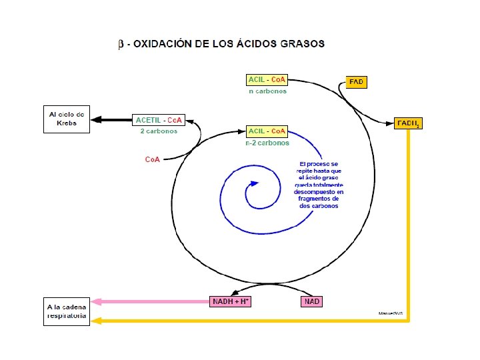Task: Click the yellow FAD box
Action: point(357,82)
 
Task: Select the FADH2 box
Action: point(408,123)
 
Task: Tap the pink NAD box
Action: point(311,302)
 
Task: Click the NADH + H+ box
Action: point(231,302)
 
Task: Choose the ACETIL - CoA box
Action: point(159,120)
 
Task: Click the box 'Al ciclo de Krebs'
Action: point(67,119)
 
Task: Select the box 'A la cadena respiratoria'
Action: point(67,311)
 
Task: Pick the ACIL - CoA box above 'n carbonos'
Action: point(267,80)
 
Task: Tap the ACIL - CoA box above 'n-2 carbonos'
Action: point(267,131)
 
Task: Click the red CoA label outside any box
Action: point(153,160)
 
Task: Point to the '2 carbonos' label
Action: point(159,131)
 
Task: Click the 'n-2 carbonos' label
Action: point(267,142)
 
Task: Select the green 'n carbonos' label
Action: point(267,91)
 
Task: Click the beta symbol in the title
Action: point(121,45)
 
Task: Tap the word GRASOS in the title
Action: point(303,44)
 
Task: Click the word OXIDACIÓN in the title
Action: point(164,44)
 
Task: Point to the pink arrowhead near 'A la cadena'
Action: point(97,302)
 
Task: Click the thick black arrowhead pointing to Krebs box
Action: point(97,119)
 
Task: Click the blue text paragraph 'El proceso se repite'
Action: point(319,185)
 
